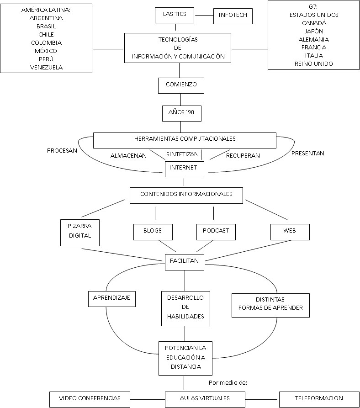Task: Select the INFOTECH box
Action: (233, 16)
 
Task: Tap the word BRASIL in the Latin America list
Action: (46, 26)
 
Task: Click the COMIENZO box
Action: (180, 85)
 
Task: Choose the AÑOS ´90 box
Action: (181, 113)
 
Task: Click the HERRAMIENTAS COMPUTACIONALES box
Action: (185, 139)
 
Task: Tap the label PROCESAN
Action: (62, 150)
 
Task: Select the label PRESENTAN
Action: (307, 154)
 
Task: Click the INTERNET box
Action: (183, 168)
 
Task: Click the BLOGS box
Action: (152, 231)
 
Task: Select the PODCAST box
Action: (216, 231)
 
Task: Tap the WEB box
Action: (290, 231)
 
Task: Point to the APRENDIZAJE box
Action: (111, 298)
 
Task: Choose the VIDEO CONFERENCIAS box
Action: (90, 398)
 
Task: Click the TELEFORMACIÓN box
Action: (319, 398)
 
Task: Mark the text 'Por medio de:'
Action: (228, 383)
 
